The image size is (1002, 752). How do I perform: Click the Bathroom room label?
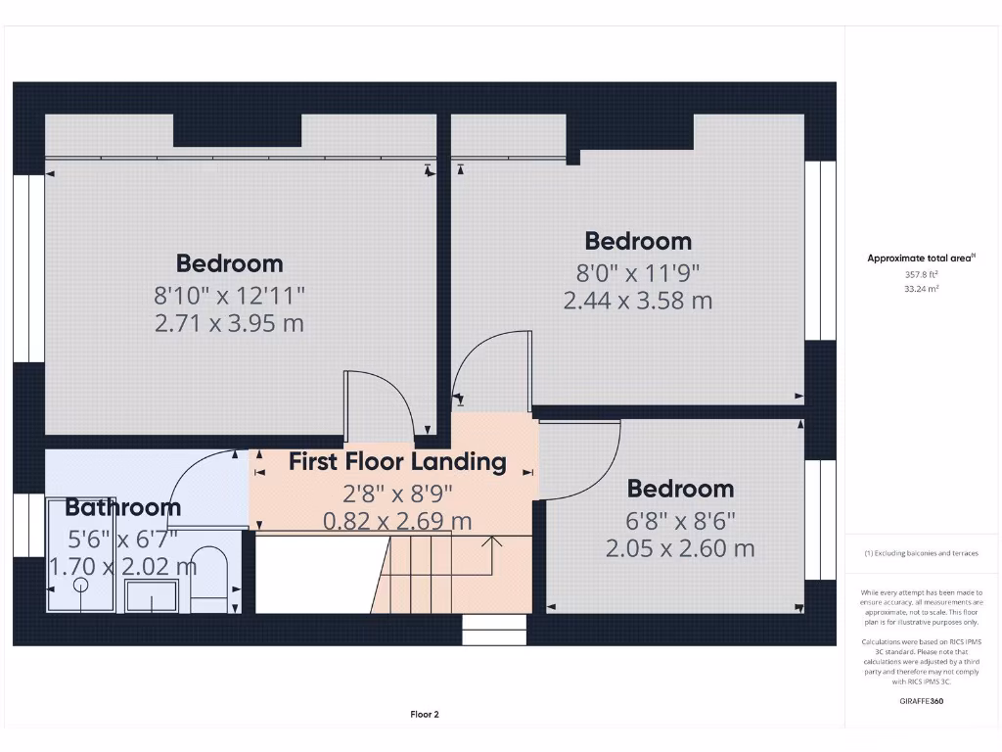coord(123,507)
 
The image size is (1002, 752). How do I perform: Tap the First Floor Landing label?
coord(397,461)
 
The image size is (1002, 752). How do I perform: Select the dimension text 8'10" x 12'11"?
coord(230,293)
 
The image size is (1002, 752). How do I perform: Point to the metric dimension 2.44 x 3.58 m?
coord(638,301)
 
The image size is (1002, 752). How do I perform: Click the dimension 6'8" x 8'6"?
coord(680,519)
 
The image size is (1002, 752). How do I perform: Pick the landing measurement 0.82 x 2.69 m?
coord(397,522)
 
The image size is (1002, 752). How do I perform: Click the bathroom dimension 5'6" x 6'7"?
coord(123,538)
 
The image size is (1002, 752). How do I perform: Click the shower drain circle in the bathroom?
coord(80,586)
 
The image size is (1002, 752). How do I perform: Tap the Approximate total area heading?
coord(921,258)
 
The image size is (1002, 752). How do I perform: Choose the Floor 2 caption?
coord(425,715)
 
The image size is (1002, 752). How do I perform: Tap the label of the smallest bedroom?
coord(680,489)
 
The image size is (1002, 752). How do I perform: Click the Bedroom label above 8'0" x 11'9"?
coord(638,241)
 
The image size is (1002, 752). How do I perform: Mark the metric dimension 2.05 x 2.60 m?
coord(680,548)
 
